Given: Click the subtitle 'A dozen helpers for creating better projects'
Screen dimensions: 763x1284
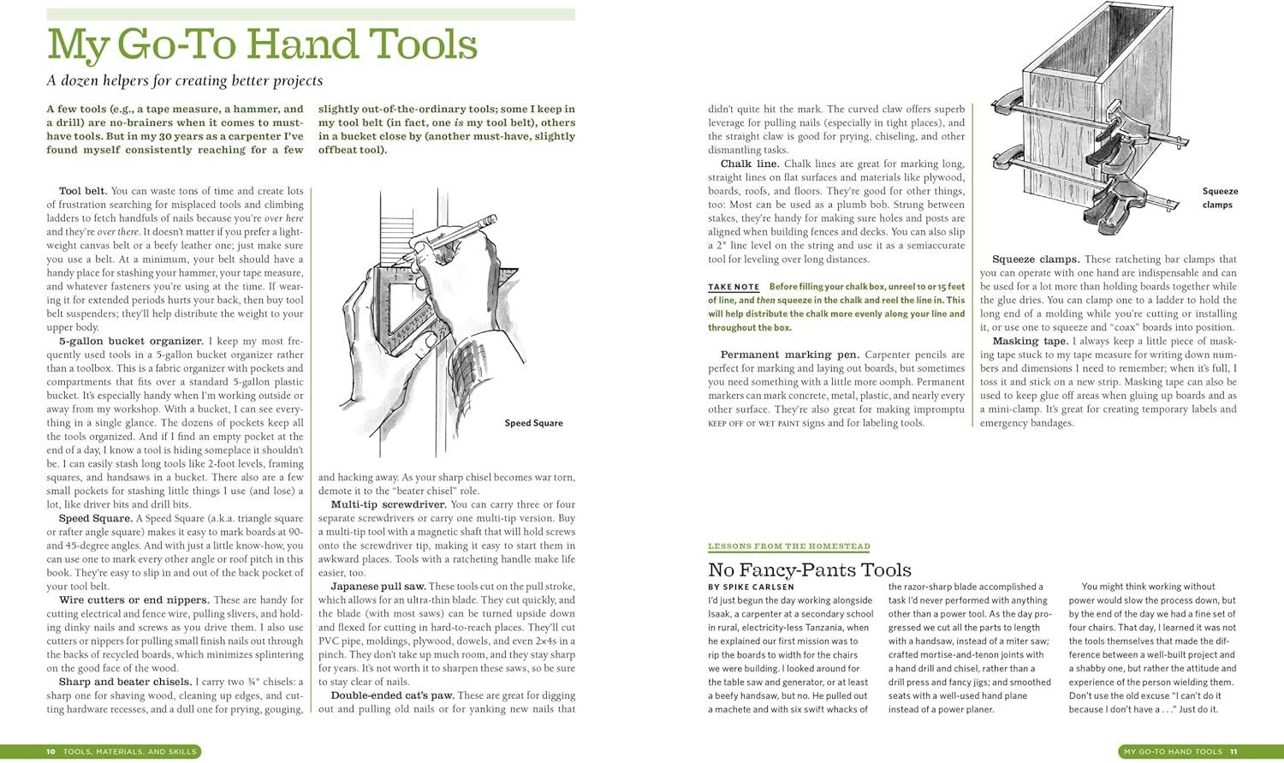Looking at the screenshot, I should tap(185, 80).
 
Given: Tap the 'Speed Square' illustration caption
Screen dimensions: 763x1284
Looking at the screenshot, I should tap(533, 423).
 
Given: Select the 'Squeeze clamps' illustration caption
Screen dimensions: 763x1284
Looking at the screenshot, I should tap(1219, 198).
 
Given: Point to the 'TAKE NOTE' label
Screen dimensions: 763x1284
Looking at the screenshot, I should tap(734, 287).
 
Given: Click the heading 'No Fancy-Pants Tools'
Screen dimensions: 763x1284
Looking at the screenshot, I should tap(809, 570).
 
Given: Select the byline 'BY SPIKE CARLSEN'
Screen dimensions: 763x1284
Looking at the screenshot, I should tap(750, 587).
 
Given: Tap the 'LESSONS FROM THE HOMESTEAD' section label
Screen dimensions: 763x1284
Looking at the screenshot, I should tap(788, 546).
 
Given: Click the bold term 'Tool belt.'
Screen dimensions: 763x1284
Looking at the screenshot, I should tap(83, 191).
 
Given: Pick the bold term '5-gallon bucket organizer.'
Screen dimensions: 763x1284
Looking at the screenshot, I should tap(131, 341).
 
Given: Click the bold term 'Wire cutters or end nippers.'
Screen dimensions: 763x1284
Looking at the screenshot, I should tap(134, 600).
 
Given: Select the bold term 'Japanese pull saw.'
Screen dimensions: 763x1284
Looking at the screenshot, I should tap(377, 587).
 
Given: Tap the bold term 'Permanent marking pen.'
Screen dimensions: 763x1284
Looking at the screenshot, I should tap(789, 355).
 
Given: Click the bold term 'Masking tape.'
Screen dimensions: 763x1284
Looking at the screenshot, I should tap(1030, 341).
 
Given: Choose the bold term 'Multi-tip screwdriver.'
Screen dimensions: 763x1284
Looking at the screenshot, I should tap(388, 504).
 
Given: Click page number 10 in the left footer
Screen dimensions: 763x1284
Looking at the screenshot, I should tap(51, 752).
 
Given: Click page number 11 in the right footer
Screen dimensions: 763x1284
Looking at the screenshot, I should tap(1233, 752).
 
